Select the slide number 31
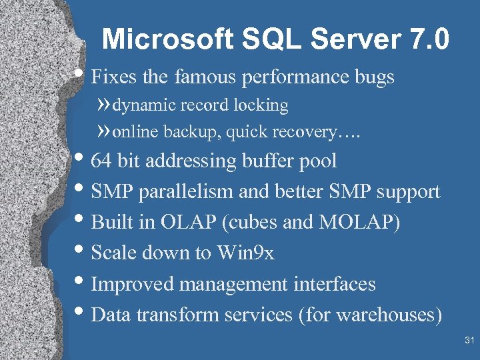(469, 341)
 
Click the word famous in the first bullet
(204, 77)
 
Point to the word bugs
(374, 77)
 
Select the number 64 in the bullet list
(101, 161)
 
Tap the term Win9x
(245, 253)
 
